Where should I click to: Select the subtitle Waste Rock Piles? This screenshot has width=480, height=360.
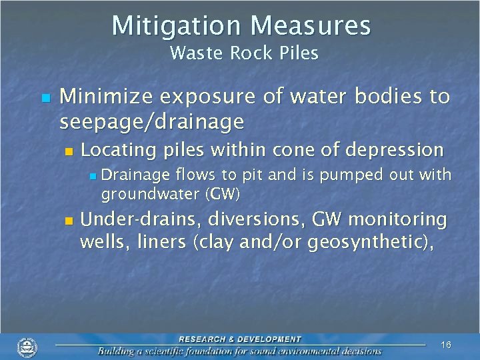[x=244, y=53]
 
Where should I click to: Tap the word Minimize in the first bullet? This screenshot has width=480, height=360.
[x=105, y=97]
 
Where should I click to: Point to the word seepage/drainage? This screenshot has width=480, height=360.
[x=152, y=122]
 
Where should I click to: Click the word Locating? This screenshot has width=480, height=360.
[x=116, y=150]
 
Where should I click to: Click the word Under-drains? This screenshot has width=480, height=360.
[x=140, y=219]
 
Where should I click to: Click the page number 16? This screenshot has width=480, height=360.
[x=446, y=345]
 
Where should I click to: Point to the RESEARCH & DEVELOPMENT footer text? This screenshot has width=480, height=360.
[x=239, y=339]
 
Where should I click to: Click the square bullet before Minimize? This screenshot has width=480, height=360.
[x=45, y=98]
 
